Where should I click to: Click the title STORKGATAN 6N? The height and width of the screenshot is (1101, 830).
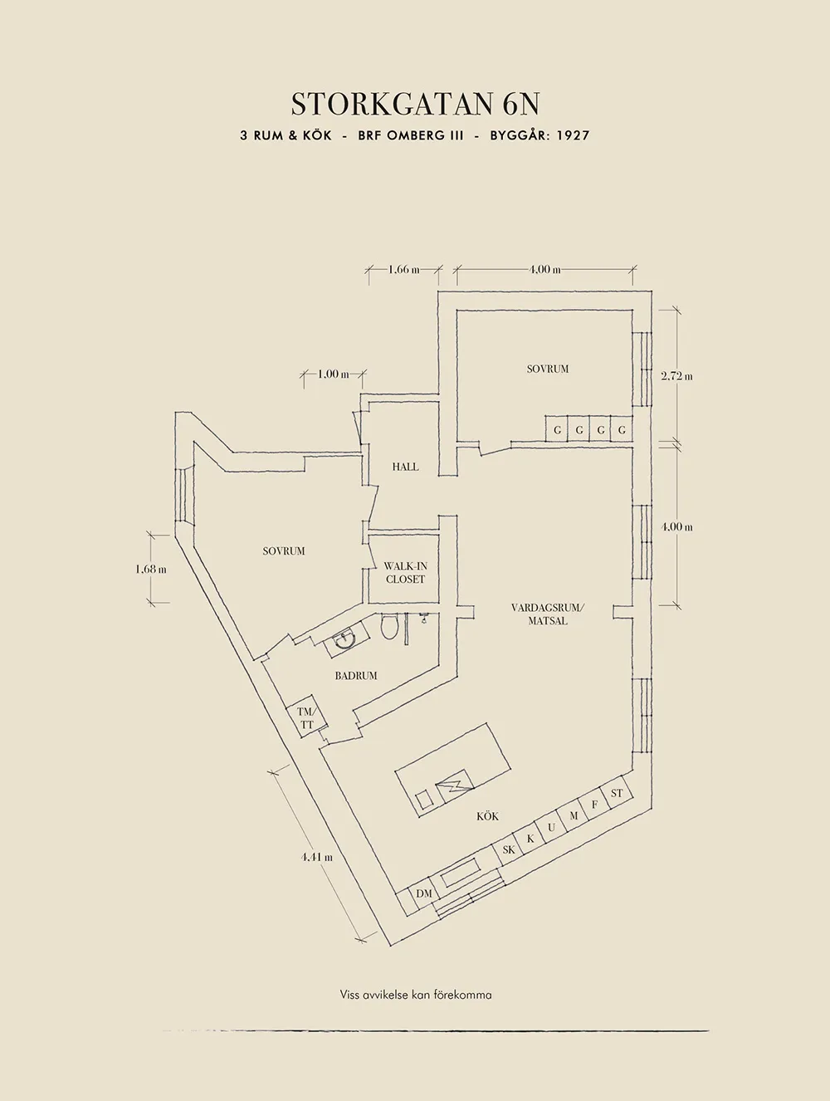coord(415,104)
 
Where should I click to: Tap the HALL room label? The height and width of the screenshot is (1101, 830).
coord(405,467)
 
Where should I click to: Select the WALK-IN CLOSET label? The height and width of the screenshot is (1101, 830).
coord(405,573)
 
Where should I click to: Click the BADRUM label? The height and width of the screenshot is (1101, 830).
coord(356,676)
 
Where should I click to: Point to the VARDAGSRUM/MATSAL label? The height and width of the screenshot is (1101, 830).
coord(548,614)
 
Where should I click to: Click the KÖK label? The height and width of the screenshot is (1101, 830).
coord(488,816)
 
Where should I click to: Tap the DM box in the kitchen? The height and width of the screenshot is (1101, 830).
coord(424,893)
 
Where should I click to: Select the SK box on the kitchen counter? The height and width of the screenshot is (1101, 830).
coord(509,849)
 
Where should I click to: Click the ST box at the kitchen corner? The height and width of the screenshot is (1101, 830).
coord(617,794)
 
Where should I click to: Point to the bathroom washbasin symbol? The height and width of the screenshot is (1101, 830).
coord(344,639)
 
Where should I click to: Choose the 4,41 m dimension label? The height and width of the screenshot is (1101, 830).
coord(317,858)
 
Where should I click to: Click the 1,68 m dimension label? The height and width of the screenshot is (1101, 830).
coord(151,570)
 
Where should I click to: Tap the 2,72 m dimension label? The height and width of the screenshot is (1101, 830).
coord(676,376)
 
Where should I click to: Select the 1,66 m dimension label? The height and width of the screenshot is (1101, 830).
coord(403,269)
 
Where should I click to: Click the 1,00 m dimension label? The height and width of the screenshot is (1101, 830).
coord(333,374)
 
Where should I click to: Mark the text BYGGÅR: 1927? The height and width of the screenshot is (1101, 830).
coord(539,135)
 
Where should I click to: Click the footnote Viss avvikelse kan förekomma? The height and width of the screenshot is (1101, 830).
coord(415,994)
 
